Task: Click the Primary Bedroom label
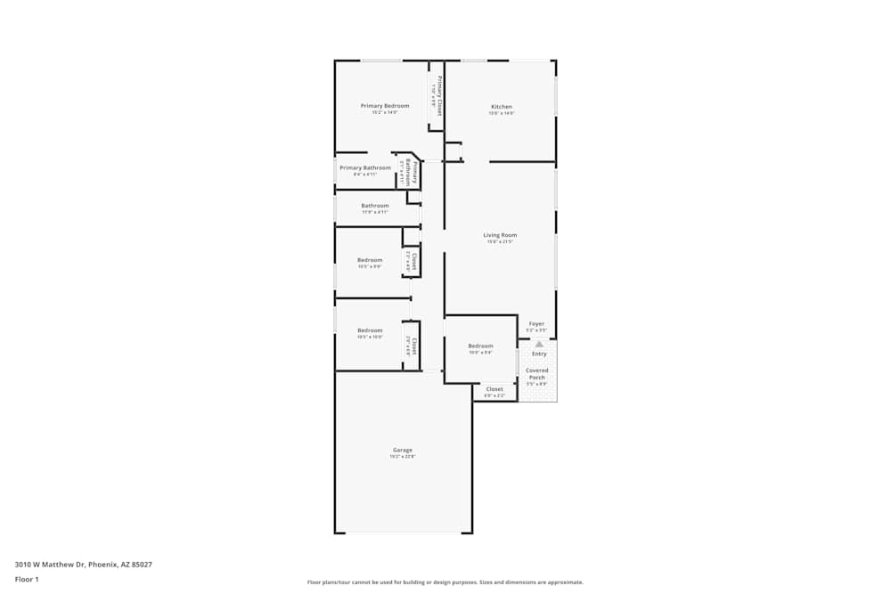pos(385,106)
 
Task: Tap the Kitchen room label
pos(502,107)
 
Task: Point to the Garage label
pos(402,450)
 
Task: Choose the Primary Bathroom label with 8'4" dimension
pos(364,167)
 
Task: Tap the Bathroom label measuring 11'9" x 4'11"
pos(374,206)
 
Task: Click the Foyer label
pos(536,324)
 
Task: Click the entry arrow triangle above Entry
pos(538,344)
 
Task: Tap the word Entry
pos(539,354)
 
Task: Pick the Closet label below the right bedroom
pos(495,389)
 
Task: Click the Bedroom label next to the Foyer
pos(480,346)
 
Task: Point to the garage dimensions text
pos(402,457)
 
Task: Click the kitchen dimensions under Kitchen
pos(502,114)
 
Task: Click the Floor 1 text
pos(27,579)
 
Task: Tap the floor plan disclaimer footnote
pos(445,582)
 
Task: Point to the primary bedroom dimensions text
pos(385,113)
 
